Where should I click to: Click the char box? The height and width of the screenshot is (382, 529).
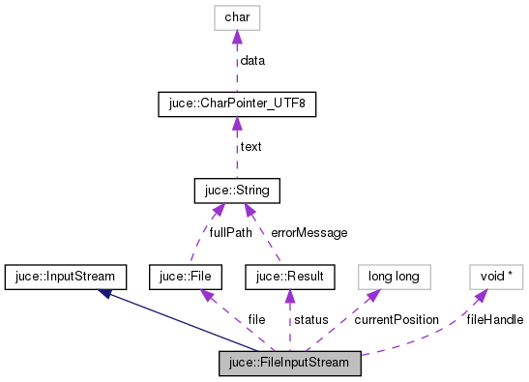[237, 17]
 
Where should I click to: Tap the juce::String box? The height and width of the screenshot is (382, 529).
[237, 191]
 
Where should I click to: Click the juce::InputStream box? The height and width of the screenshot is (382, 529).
[65, 277]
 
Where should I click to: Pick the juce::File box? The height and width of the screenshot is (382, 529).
[187, 277]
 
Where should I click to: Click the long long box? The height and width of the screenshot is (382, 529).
[394, 277]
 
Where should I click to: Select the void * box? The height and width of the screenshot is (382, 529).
[496, 277]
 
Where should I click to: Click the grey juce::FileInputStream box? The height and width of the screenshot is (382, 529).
[291, 364]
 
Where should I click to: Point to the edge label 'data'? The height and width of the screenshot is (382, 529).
[252, 60]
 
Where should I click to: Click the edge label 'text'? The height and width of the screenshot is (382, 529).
[250, 147]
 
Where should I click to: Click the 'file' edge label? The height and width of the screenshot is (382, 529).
[256, 319]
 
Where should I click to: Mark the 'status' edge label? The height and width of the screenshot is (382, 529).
[311, 319]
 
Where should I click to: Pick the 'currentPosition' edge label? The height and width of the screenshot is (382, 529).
[397, 319]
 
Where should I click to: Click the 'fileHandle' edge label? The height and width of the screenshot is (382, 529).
[494, 319]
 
